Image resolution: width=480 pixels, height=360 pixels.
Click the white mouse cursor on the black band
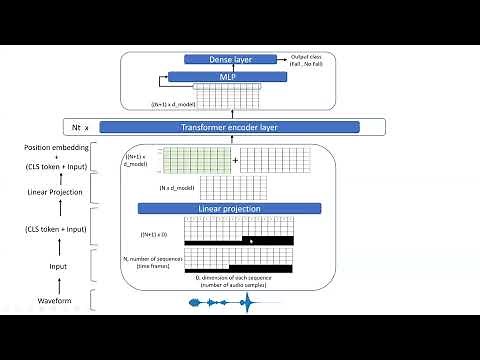tap(251, 240)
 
